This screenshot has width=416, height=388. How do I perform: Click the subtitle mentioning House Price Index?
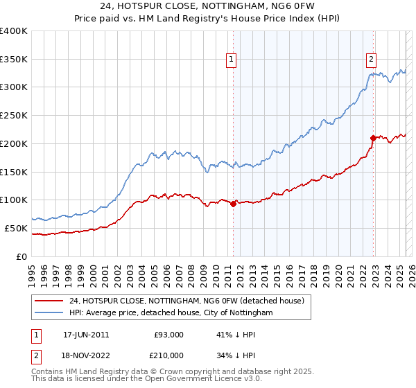[208, 19]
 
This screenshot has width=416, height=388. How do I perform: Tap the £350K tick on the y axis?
[14, 59]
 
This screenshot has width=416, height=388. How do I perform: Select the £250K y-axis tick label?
[14, 116]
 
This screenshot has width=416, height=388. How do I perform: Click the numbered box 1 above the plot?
[231, 60]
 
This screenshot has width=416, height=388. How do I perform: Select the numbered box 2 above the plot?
[372, 60]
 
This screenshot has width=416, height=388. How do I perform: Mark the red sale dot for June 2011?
[234, 204]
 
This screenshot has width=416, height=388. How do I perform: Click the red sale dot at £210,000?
[373, 138]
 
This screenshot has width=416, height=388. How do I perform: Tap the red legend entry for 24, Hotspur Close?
[187, 301]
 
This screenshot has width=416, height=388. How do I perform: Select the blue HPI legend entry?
[171, 313]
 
